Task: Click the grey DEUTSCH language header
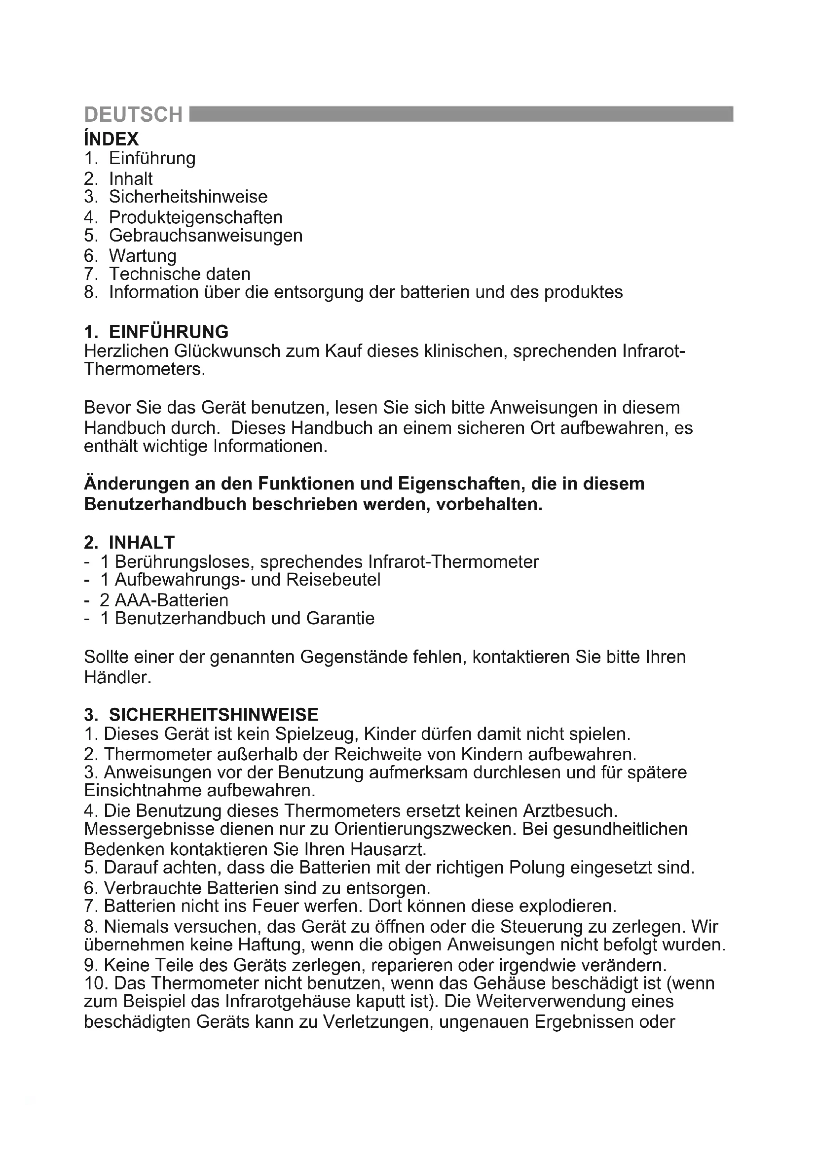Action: pyautogui.click(x=133, y=115)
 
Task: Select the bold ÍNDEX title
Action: pyautogui.click(x=111, y=139)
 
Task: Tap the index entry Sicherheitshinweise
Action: pyautogui.click(x=188, y=196)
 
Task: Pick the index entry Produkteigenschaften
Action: pyautogui.click(x=195, y=217)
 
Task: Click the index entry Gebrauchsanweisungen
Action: pyautogui.click(x=206, y=235)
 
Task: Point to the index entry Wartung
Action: pyautogui.click(x=143, y=256)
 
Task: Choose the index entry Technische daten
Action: pyautogui.click(x=180, y=274)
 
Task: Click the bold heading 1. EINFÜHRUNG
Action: pyautogui.click(x=156, y=332)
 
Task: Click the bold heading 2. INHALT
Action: pyautogui.click(x=129, y=542)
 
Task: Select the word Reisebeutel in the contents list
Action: pyautogui.click(x=334, y=580)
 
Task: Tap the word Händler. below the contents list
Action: pyautogui.click(x=117, y=677)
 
